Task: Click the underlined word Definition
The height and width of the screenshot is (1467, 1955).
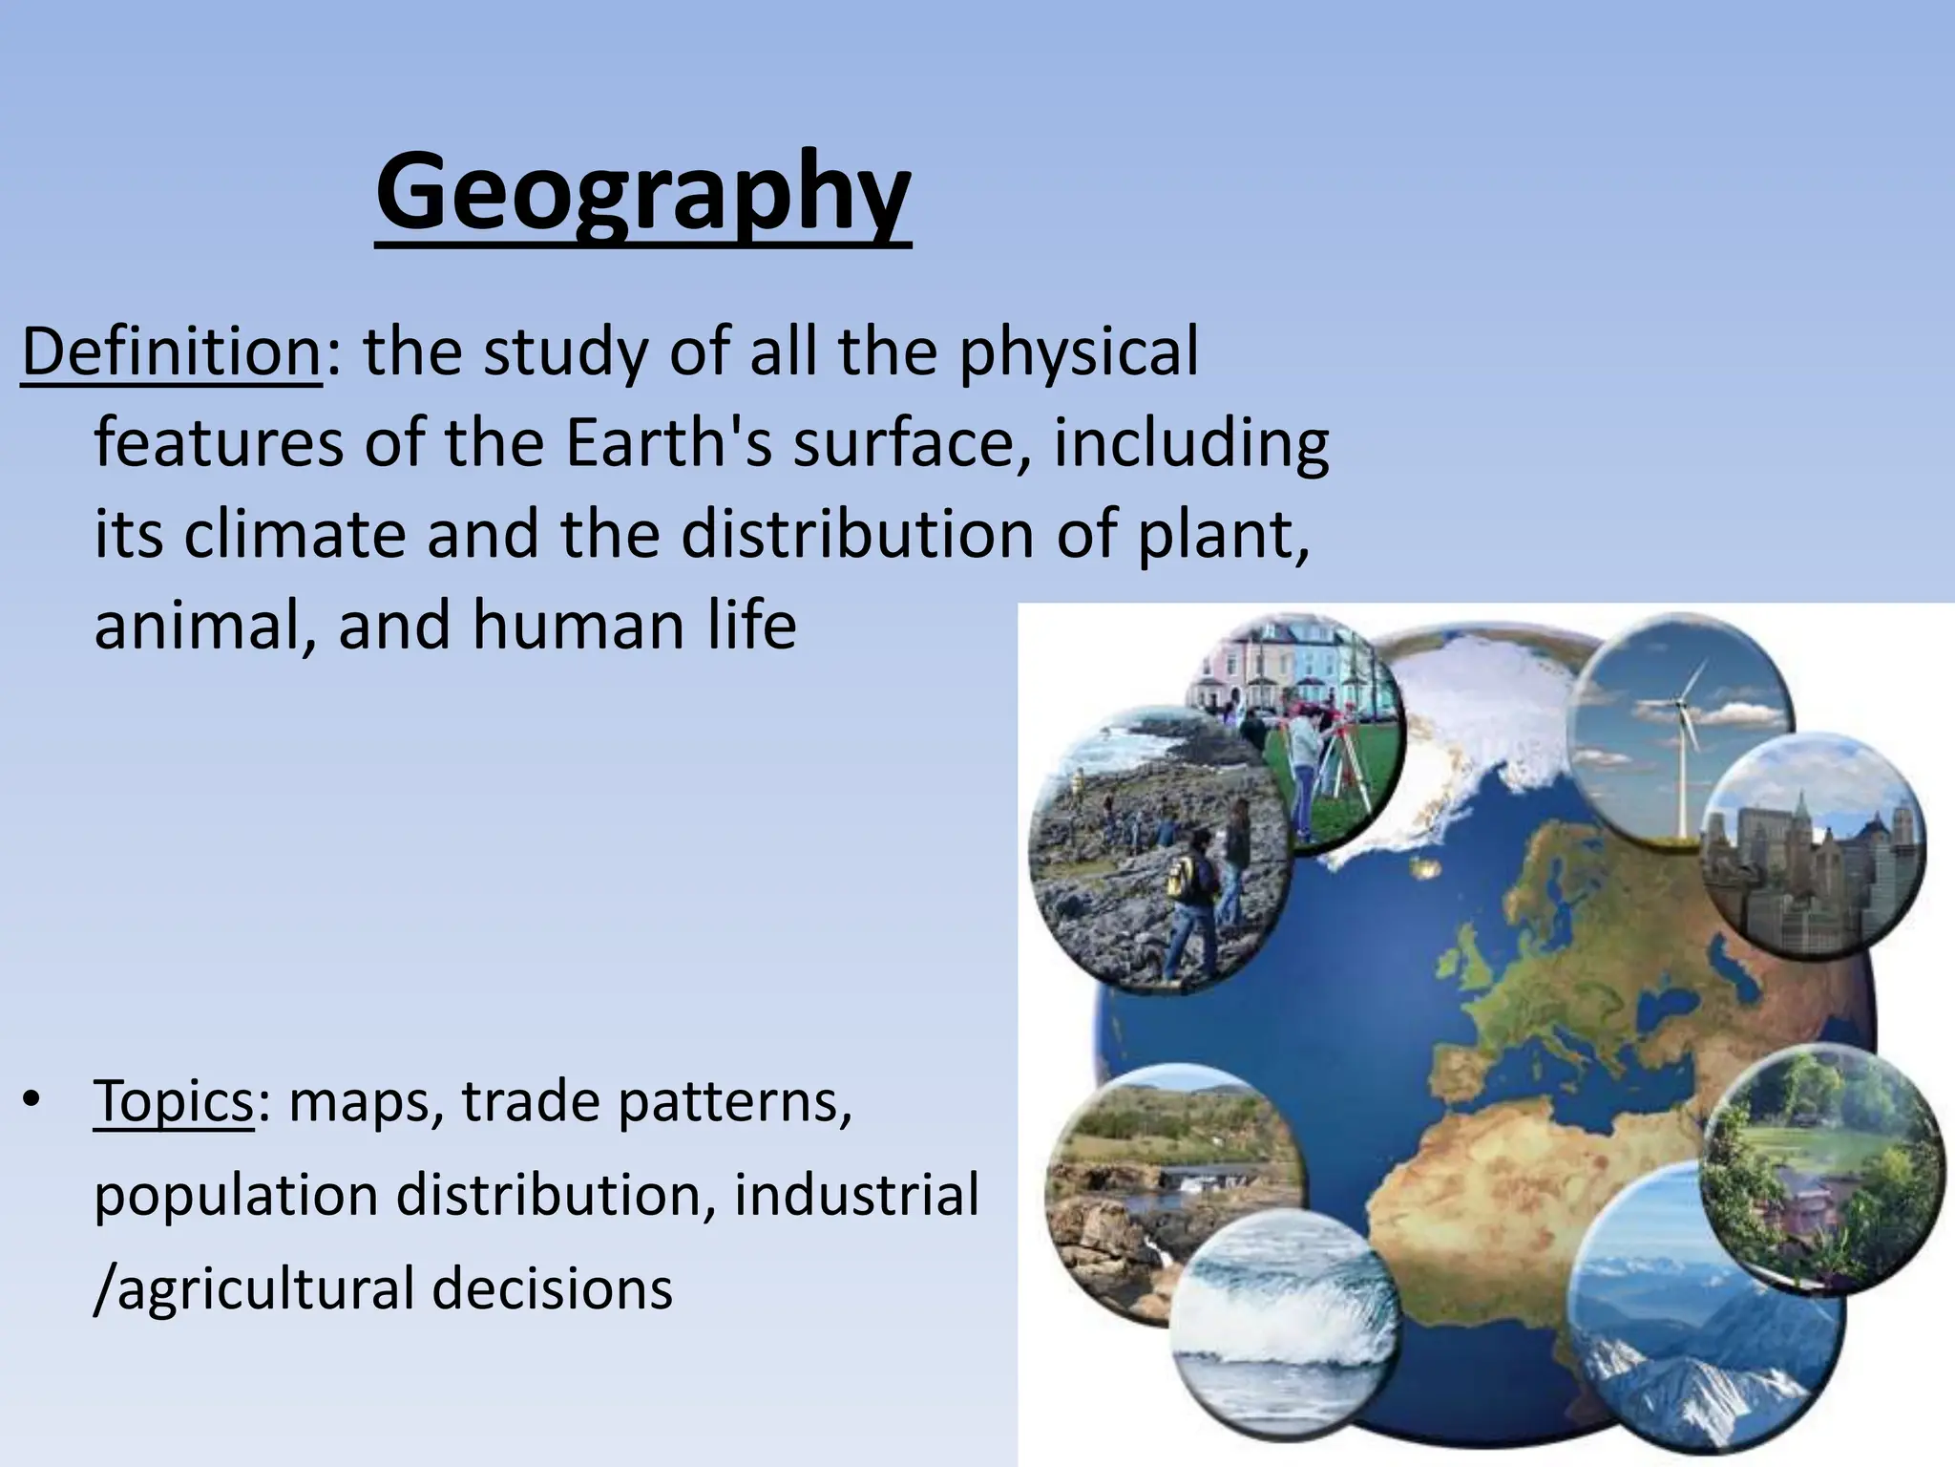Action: pyautogui.click(x=172, y=352)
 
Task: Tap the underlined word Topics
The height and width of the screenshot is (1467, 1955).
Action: pyautogui.click(x=174, y=1101)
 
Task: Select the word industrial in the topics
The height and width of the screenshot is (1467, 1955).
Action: pyautogui.click(x=856, y=1195)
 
